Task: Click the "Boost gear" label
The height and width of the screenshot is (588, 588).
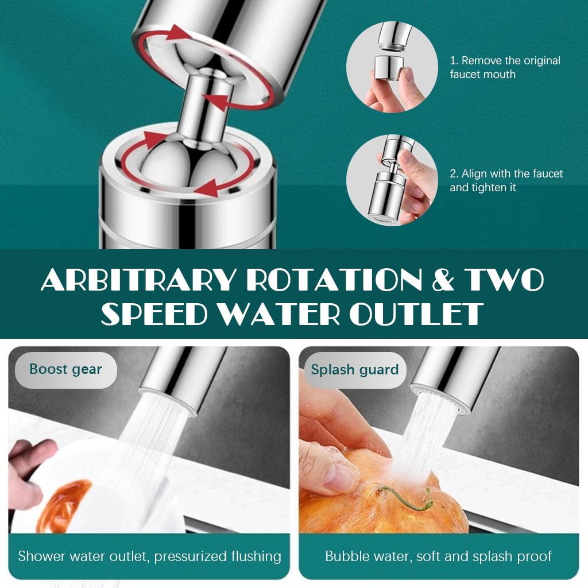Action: click(65, 369)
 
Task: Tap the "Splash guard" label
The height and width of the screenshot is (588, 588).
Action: click(354, 369)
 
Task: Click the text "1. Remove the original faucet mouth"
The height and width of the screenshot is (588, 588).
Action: click(505, 67)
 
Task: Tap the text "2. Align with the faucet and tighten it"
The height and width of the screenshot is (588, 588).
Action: click(506, 180)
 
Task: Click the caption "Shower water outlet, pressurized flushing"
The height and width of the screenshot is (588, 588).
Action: click(149, 556)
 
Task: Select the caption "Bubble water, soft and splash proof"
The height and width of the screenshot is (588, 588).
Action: click(438, 556)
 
